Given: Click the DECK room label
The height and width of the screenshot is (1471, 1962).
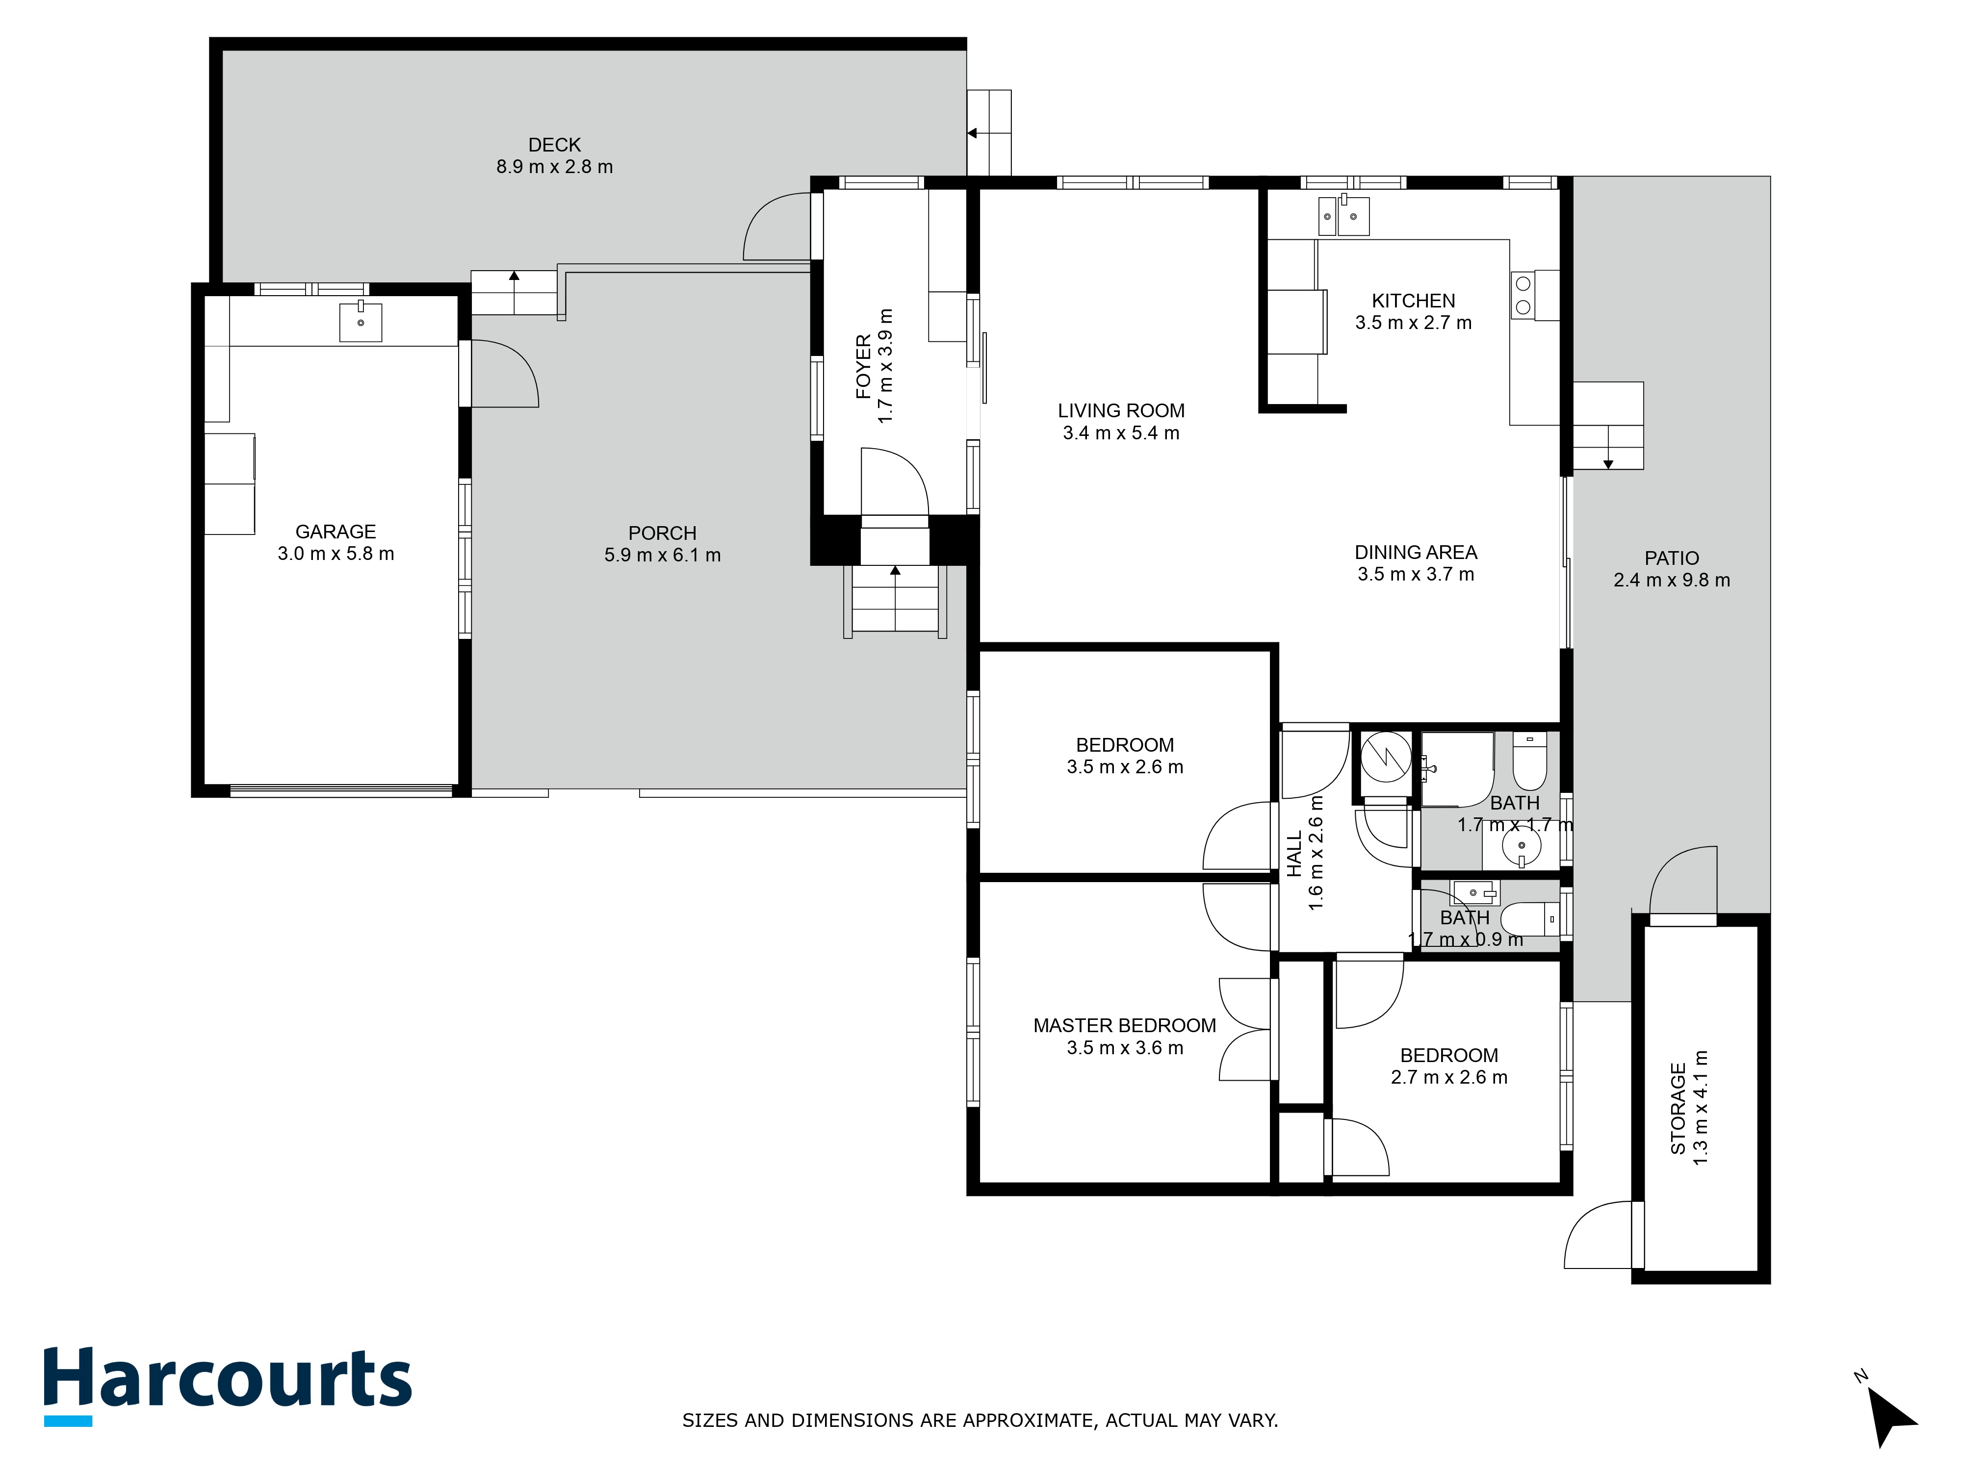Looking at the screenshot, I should click(x=554, y=145).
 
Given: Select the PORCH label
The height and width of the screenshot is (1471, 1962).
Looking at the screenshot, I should click(x=662, y=533).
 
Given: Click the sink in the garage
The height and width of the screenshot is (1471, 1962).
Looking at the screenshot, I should click(x=360, y=322).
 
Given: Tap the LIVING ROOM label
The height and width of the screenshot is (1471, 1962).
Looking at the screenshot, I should click(x=1120, y=410).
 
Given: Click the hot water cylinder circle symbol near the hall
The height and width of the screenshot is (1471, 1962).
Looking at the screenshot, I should click(x=1385, y=756).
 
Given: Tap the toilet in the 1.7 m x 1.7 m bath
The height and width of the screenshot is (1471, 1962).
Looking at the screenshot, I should click(x=1529, y=762).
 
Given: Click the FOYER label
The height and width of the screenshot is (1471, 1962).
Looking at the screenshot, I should click(x=863, y=366).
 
